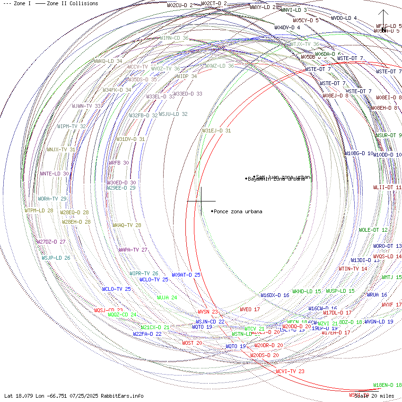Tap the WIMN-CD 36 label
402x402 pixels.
coord(174,38)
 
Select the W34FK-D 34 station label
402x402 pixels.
coord(117,90)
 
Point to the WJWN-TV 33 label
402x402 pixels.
coord(87,106)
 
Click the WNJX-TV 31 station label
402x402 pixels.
coord(61,149)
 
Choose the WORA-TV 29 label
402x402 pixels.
coord(52,199)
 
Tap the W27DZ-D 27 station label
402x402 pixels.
coord(51,242)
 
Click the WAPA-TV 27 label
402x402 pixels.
coord(133,250)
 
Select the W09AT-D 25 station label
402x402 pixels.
coord(186,275)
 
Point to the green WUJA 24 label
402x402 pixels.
coord(167,298)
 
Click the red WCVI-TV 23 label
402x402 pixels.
coord(290,371)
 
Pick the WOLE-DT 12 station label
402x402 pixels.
coord(373,230)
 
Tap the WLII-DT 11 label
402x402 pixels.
coord(387,187)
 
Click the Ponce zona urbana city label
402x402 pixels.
coord(238,211)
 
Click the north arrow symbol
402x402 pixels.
coord(383,19)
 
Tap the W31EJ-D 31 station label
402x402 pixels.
coord(217,131)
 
